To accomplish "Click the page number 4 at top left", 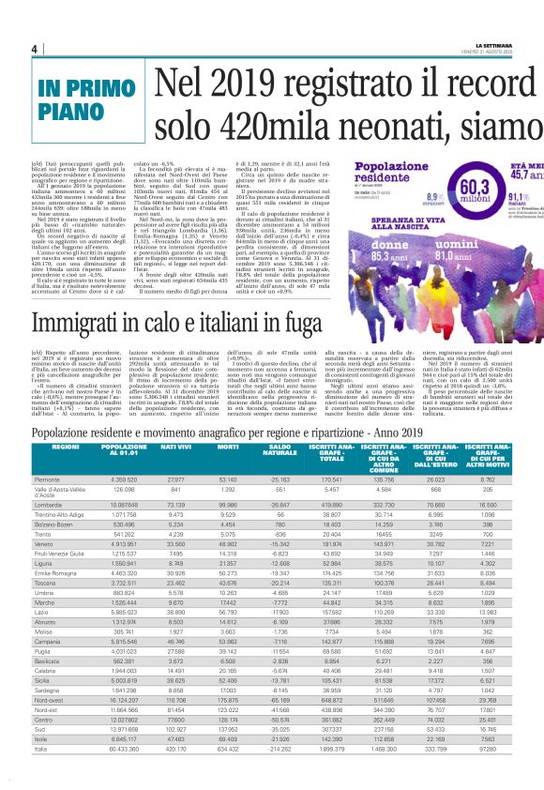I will pyautogui.click(x=34, y=49).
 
